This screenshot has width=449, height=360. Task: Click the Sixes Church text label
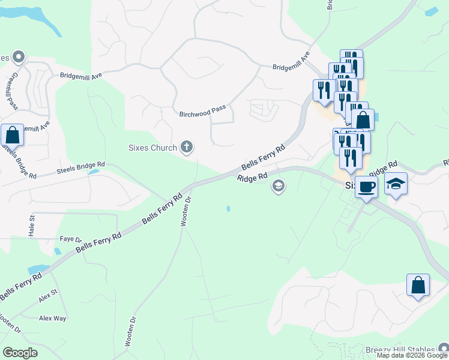(x=153, y=148)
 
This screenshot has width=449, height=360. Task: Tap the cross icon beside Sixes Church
(x=187, y=147)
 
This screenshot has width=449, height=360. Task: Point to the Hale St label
(x=32, y=227)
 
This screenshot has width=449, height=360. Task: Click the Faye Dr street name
(x=70, y=239)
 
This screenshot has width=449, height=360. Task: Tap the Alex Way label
(x=52, y=319)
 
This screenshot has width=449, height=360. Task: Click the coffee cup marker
(x=366, y=187)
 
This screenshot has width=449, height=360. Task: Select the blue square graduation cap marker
(x=396, y=184)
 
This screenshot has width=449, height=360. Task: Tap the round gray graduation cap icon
(x=277, y=187)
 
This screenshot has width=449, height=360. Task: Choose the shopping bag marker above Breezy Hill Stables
(x=418, y=286)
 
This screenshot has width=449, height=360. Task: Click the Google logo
(x=20, y=353)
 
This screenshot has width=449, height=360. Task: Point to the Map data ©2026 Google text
(x=411, y=355)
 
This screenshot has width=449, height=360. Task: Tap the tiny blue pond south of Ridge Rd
(x=228, y=209)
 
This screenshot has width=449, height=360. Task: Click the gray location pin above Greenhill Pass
(x=18, y=58)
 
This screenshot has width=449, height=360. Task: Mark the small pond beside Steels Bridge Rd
(x=93, y=172)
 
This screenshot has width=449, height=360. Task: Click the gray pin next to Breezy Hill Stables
(x=443, y=348)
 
